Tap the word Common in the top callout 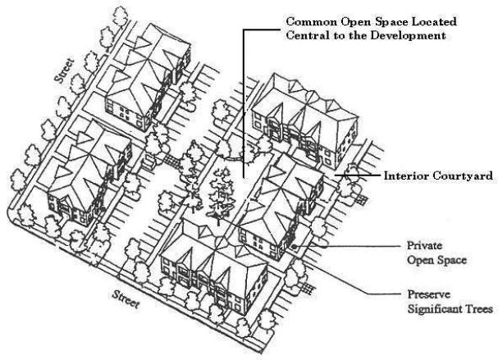coord(307,21)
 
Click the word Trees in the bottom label coord(477,309)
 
